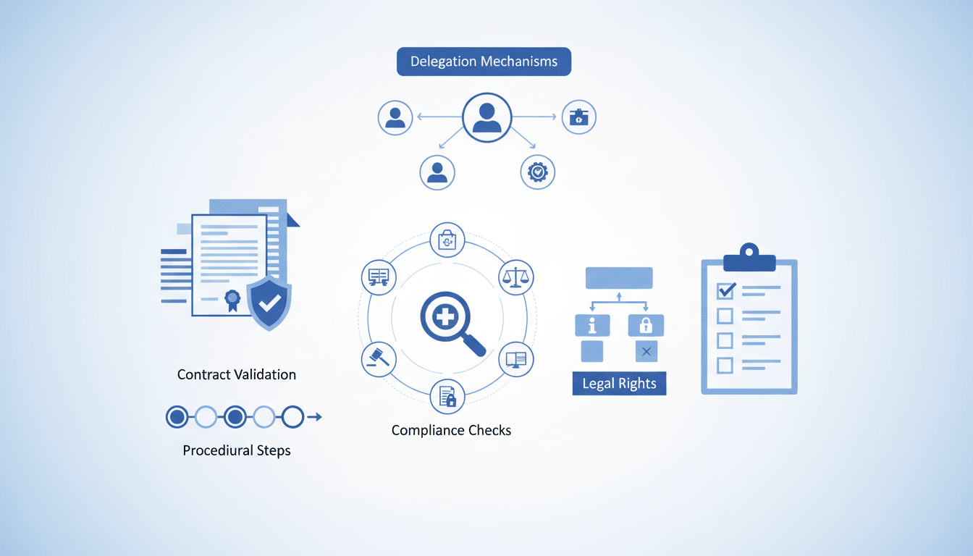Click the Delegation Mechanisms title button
(x=484, y=62)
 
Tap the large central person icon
(x=487, y=117)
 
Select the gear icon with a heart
(x=538, y=172)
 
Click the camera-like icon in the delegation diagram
(x=579, y=117)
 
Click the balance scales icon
(x=515, y=277)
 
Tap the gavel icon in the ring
(x=379, y=359)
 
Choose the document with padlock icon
(x=447, y=397)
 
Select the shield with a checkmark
(x=269, y=303)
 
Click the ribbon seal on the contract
(x=232, y=300)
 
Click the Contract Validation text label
(x=237, y=374)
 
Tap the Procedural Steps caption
(x=237, y=450)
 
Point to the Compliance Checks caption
(x=451, y=430)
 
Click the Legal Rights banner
(x=620, y=384)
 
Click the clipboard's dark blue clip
(x=749, y=258)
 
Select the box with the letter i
(x=592, y=325)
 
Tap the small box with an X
(x=646, y=351)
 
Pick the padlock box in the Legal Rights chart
(x=646, y=325)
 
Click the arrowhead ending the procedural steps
(x=319, y=417)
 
